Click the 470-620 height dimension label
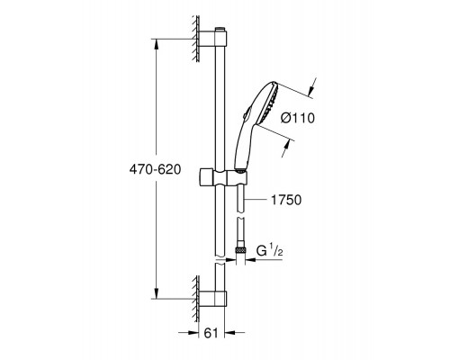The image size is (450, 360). [155, 169]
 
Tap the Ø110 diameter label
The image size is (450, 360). [298, 118]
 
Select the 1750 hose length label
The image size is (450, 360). [286, 200]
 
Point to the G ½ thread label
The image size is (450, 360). [270, 250]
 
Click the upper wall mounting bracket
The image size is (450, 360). [211, 39]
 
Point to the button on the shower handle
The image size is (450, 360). [245, 113]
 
